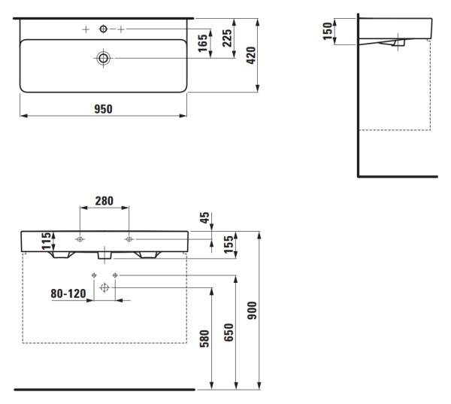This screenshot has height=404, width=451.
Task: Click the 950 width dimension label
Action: (103, 109)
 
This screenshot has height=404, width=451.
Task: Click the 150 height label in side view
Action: (328, 32)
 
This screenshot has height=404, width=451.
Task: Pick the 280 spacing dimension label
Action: (104, 201)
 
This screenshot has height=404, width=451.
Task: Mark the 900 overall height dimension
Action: (253, 310)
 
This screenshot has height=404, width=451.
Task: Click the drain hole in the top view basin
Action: (102, 57)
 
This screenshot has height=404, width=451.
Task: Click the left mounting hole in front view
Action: (80, 239)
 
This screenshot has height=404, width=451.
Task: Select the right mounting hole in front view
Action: (129, 239)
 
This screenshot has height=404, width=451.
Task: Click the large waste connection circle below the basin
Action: (104, 287)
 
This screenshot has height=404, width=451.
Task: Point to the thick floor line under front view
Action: (104, 390)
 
